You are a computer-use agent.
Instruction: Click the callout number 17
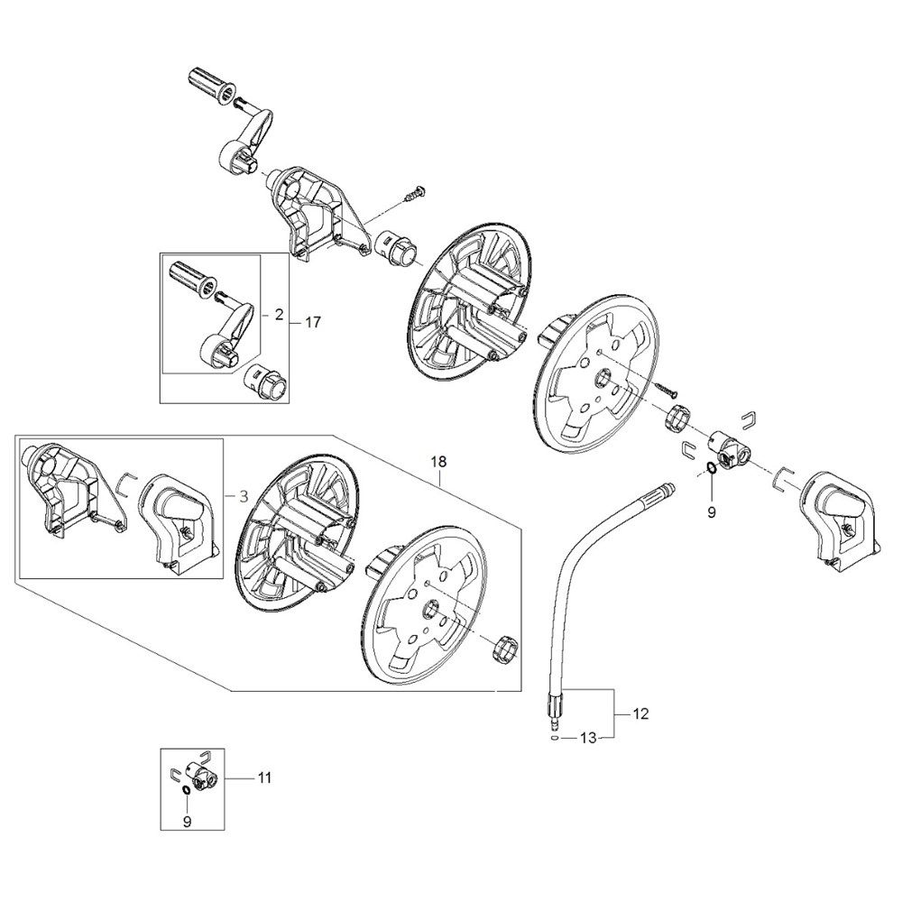[314, 321]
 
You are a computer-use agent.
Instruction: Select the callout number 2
[279, 315]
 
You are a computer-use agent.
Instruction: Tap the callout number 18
[438, 462]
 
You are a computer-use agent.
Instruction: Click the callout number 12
[640, 713]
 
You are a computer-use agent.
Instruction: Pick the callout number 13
[588, 738]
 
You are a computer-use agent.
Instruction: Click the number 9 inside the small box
[188, 822]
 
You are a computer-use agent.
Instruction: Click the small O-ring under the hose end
[550, 737]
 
